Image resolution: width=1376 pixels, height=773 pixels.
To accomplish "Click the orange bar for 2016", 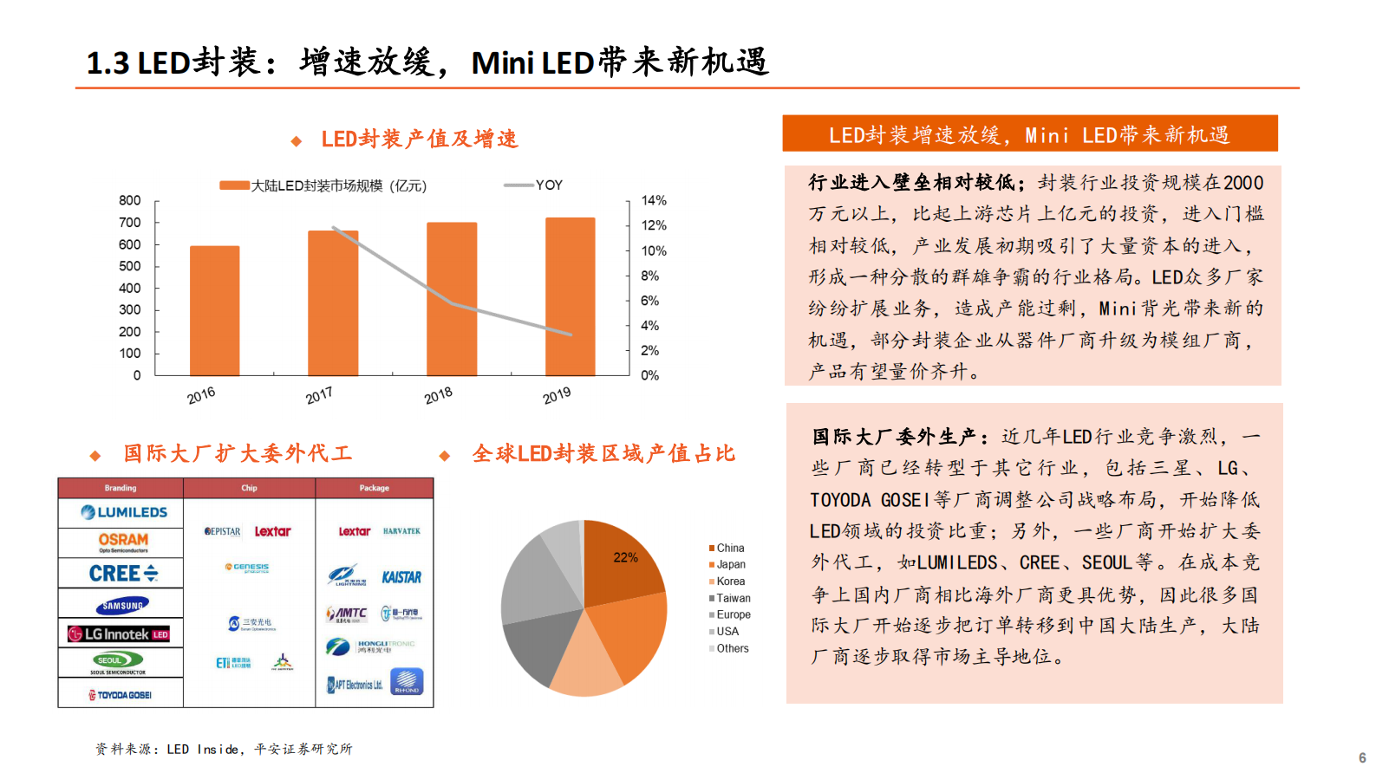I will pos(214,310).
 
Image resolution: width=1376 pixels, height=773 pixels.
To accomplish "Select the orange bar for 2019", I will pos(570,296).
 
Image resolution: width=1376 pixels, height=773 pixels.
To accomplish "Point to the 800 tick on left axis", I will pos(130,200).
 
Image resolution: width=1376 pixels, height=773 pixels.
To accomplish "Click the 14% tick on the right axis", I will pos(654,200).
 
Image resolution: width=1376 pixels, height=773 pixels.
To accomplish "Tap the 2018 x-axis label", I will pos(438,395).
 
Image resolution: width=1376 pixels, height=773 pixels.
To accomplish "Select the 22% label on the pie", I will pos(625,557).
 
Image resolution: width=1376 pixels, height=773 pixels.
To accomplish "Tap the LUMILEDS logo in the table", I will pos(124,512).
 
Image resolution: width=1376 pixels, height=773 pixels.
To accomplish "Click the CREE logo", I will pos(123,573).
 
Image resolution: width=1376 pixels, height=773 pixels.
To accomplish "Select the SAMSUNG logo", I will pos(122,605).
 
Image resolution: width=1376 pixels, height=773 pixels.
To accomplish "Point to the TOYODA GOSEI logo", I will pos(121,695).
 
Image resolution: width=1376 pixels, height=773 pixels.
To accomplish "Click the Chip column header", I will pos(249,488).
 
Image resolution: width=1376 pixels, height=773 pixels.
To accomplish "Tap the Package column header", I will pos(374,488).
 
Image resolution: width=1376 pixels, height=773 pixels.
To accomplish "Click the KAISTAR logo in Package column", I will pos(401,577).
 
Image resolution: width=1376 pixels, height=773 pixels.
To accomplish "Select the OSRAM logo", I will pos(123,542).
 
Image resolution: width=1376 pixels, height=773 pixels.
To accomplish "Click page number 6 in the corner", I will pos(1361,757).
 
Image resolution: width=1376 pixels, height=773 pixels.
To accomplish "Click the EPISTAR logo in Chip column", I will pos(223,531).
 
